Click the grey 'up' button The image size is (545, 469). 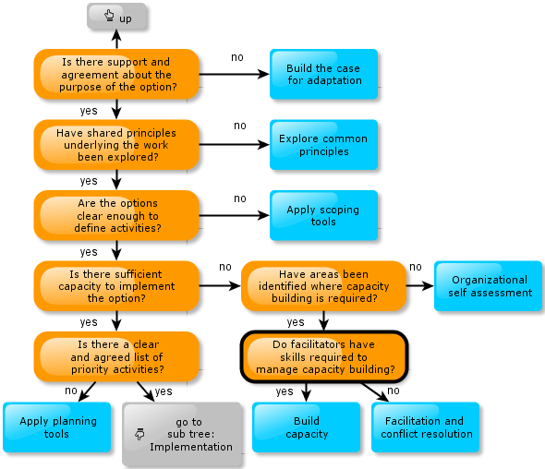click(x=116, y=16)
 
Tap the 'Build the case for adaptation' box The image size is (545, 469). click(x=323, y=74)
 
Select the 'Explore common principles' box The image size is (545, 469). click(x=323, y=145)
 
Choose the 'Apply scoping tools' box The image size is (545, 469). click(x=323, y=215)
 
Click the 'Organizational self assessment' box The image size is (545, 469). click(x=488, y=286)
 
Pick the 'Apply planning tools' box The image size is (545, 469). click(x=57, y=427)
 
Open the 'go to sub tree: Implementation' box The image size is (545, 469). click(x=182, y=434)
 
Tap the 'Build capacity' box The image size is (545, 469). click(x=306, y=427)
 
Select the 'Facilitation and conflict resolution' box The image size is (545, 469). click(x=426, y=427)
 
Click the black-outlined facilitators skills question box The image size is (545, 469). click(x=324, y=356)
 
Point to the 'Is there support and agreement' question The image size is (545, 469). click(x=116, y=74)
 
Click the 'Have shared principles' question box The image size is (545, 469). click(x=116, y=145)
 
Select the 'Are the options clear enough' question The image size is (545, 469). click(x=116, y=215)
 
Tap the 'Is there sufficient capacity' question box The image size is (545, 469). click(x=116, y=286)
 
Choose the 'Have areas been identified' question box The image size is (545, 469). click(x=323, y=286)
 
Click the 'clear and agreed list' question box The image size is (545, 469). click(x=116, y=356)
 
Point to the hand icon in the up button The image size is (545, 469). click(x=109, y=16)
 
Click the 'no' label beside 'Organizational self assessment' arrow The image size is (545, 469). click(x=416, y=267)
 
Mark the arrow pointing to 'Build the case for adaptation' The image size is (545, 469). click(x=235, y=74)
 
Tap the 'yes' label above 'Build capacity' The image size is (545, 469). click(x=285, y=391)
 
